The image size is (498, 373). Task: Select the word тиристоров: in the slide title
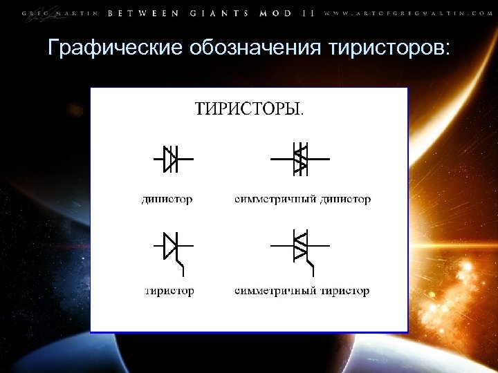(390, 48)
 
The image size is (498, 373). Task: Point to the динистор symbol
(172, 158)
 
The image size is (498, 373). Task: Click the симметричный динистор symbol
(301, 158)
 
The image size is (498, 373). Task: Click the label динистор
(167, 199)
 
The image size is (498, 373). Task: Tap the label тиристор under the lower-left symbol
(169, 290)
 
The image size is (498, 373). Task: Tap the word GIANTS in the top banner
(221, 13)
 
